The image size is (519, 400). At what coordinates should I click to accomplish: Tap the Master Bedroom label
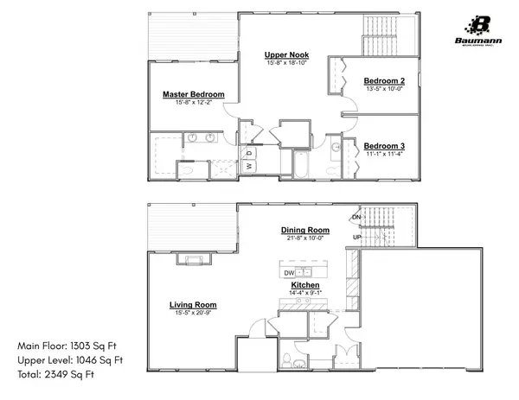tap(194, 94)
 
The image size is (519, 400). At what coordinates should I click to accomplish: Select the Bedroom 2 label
tap(385, 80)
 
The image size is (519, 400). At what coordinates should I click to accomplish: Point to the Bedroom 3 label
tap(383, 146)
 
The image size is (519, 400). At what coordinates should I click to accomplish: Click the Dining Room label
tap(306, 230)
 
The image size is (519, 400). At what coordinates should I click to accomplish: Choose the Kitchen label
tap(306, 284)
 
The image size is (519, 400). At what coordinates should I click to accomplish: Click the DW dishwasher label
tap(289, 273)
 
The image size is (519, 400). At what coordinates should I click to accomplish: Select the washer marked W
tap(247, 165)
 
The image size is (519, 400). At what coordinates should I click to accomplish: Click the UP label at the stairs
tap(356, 237)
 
